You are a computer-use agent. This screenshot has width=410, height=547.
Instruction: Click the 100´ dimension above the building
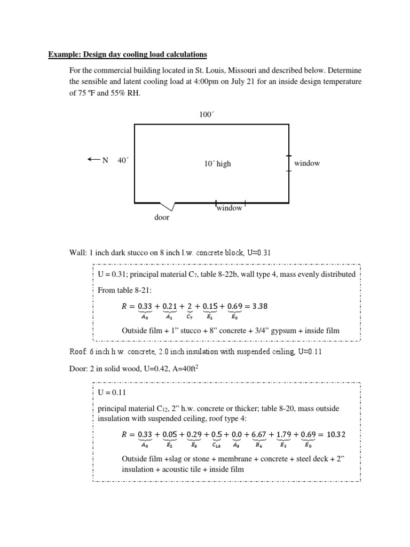(206, 114)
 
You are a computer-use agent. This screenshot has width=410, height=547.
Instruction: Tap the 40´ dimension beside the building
(123, 160)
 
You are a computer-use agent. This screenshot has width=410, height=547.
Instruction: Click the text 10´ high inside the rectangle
(217, 164)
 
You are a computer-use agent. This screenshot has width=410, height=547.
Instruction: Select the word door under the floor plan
(162, 217)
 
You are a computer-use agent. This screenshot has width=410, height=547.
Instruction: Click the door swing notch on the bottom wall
(169, 206)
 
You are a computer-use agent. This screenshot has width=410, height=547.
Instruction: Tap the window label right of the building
(307, 163)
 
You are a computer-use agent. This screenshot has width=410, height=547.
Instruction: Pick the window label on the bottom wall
(230, 208)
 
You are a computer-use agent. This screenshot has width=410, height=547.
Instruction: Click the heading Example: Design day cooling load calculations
(128, 54)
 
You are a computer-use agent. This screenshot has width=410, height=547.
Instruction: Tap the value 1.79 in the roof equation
(286, 434)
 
